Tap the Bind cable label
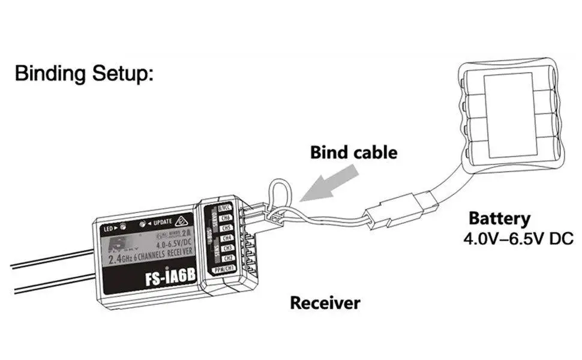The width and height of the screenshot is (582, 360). point(353,152)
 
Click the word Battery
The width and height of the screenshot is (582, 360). point(499,218)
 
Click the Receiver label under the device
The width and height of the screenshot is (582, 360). point(325,303)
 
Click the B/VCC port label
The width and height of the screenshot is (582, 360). point(224,208)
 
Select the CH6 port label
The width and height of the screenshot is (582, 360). point(227,218)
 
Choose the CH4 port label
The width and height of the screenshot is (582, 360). point(227,238)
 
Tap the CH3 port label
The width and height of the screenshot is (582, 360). point(227,248)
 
